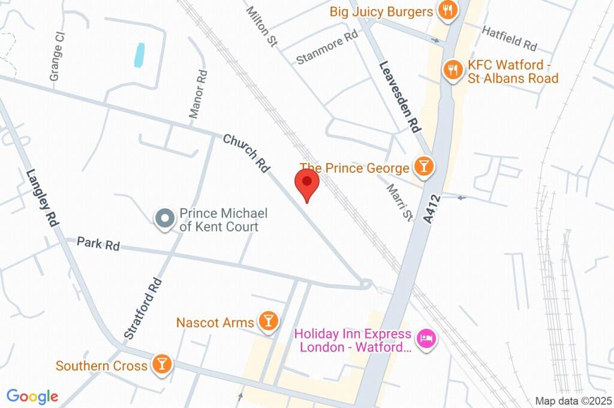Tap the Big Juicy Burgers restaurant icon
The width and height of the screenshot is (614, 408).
pos(447,10)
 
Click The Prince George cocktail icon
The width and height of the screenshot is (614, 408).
pos(424,167)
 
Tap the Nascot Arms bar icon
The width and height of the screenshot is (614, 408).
pos(267,322)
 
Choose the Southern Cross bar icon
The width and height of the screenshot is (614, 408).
pos(161,364)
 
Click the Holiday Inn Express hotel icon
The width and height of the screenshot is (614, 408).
pos(426,339)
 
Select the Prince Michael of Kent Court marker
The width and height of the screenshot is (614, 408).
pos(164,219)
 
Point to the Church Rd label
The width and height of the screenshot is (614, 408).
pos(246,154)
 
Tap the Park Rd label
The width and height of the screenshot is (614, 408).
pos(98,244)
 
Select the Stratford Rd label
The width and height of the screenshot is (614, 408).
pos(142,306)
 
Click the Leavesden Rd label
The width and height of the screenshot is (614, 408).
pos(399,96)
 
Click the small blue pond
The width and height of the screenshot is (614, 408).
pos(140,55)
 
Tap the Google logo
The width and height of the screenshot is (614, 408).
pos(32,396)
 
